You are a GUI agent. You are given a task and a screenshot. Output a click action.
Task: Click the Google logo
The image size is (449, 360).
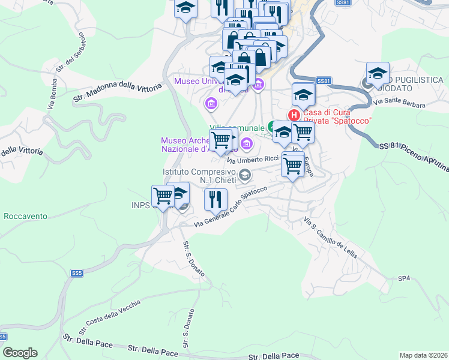pos(20,353)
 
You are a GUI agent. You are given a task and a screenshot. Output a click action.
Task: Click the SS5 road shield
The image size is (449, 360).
pos(76,273)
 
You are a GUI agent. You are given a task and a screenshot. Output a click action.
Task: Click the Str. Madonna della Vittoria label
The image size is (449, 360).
pos(118,91)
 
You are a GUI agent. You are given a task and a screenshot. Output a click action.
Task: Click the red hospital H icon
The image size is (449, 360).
pos(294,115)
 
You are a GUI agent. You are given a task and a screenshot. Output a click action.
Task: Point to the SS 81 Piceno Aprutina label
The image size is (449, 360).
pos(414,154)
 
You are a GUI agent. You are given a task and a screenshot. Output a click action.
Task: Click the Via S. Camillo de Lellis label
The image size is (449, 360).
pos(330,237)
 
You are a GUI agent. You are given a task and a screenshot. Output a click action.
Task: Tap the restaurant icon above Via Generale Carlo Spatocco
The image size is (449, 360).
pos(215,199)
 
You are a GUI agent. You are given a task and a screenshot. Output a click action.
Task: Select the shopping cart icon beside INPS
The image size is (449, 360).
pos(163,196)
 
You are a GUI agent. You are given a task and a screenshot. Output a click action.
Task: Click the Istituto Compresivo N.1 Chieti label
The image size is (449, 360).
pos(199,176)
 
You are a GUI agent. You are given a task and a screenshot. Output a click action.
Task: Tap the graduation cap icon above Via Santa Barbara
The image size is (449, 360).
pos(377,74)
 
